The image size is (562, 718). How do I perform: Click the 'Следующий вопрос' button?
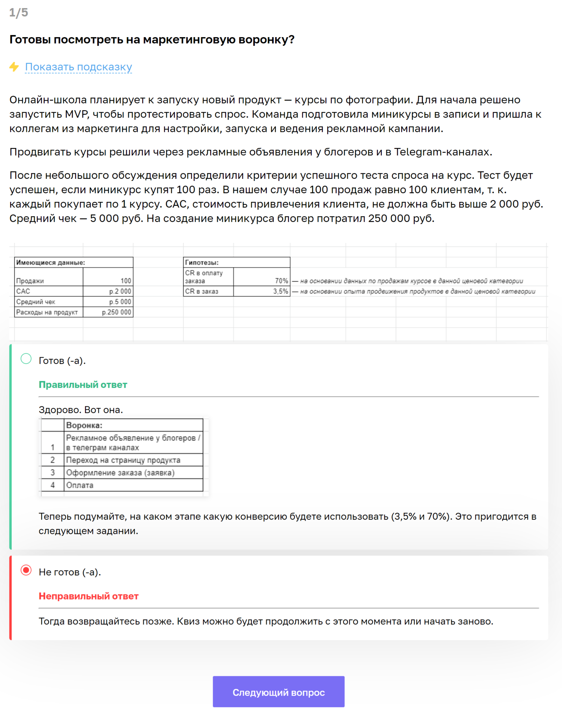coord(279,692)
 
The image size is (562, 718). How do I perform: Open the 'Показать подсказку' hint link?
coord(78,67)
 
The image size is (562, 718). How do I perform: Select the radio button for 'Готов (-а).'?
coord(26,359)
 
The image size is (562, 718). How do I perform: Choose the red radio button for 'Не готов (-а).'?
coord(26,570)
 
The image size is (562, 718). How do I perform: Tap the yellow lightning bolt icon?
coord(14,67)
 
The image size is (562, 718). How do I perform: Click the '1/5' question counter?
coord(19,13)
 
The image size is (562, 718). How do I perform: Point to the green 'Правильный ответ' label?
coord(83,385)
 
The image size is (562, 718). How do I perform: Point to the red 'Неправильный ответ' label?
coord(89,596)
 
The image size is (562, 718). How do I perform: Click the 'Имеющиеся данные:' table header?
coord(51,263)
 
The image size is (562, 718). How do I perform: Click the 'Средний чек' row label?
coord(36,302)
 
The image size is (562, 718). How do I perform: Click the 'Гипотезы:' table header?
coord(202,263)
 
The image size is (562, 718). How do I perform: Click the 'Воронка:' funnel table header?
coord(84,425)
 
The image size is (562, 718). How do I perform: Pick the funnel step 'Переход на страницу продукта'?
coord(123,460)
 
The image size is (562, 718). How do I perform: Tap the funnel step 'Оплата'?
coord(80,485)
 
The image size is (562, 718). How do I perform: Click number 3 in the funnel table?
coord(53,473)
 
